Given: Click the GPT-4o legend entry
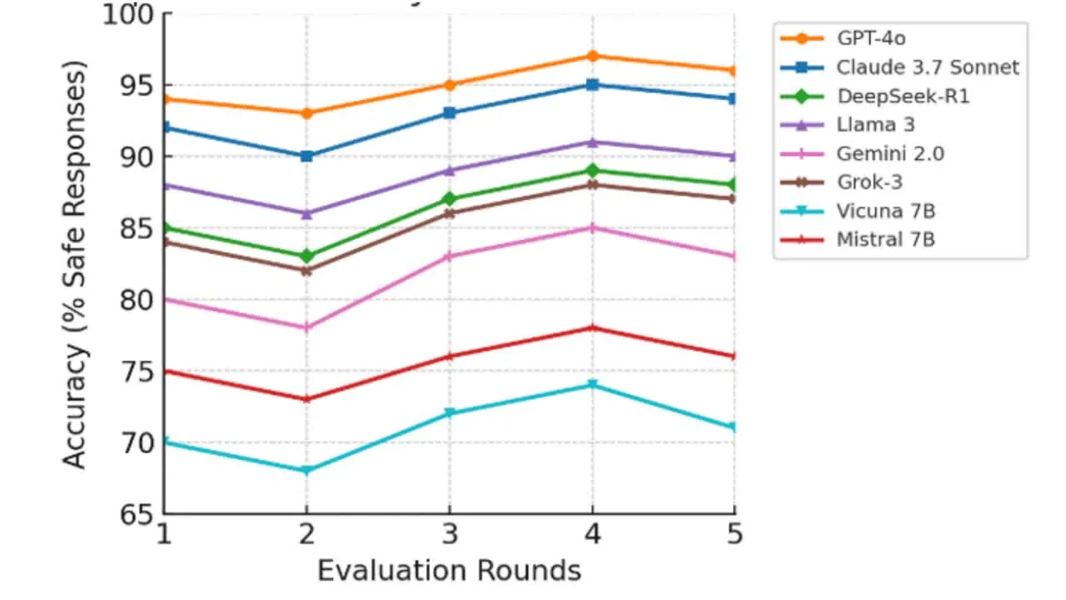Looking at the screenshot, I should (866, 38).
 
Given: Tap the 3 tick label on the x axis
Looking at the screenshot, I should (450, 534).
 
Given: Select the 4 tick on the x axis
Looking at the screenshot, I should (592, 534).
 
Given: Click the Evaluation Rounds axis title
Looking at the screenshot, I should (449, 571).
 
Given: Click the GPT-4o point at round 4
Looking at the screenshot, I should (592, 56).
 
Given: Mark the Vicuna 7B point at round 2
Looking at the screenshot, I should (306, 470).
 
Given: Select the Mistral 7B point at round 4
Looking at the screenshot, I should (592, 327).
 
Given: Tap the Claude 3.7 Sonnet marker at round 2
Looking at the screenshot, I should (306, 156).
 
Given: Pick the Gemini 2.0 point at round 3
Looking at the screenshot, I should (450, 256).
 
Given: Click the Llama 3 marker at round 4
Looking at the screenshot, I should (592, 142).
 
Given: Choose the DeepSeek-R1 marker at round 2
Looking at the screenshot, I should (306, 256).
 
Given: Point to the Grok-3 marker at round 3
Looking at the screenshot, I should (450, 213).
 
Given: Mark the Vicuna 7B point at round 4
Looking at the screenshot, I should (592, 384).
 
